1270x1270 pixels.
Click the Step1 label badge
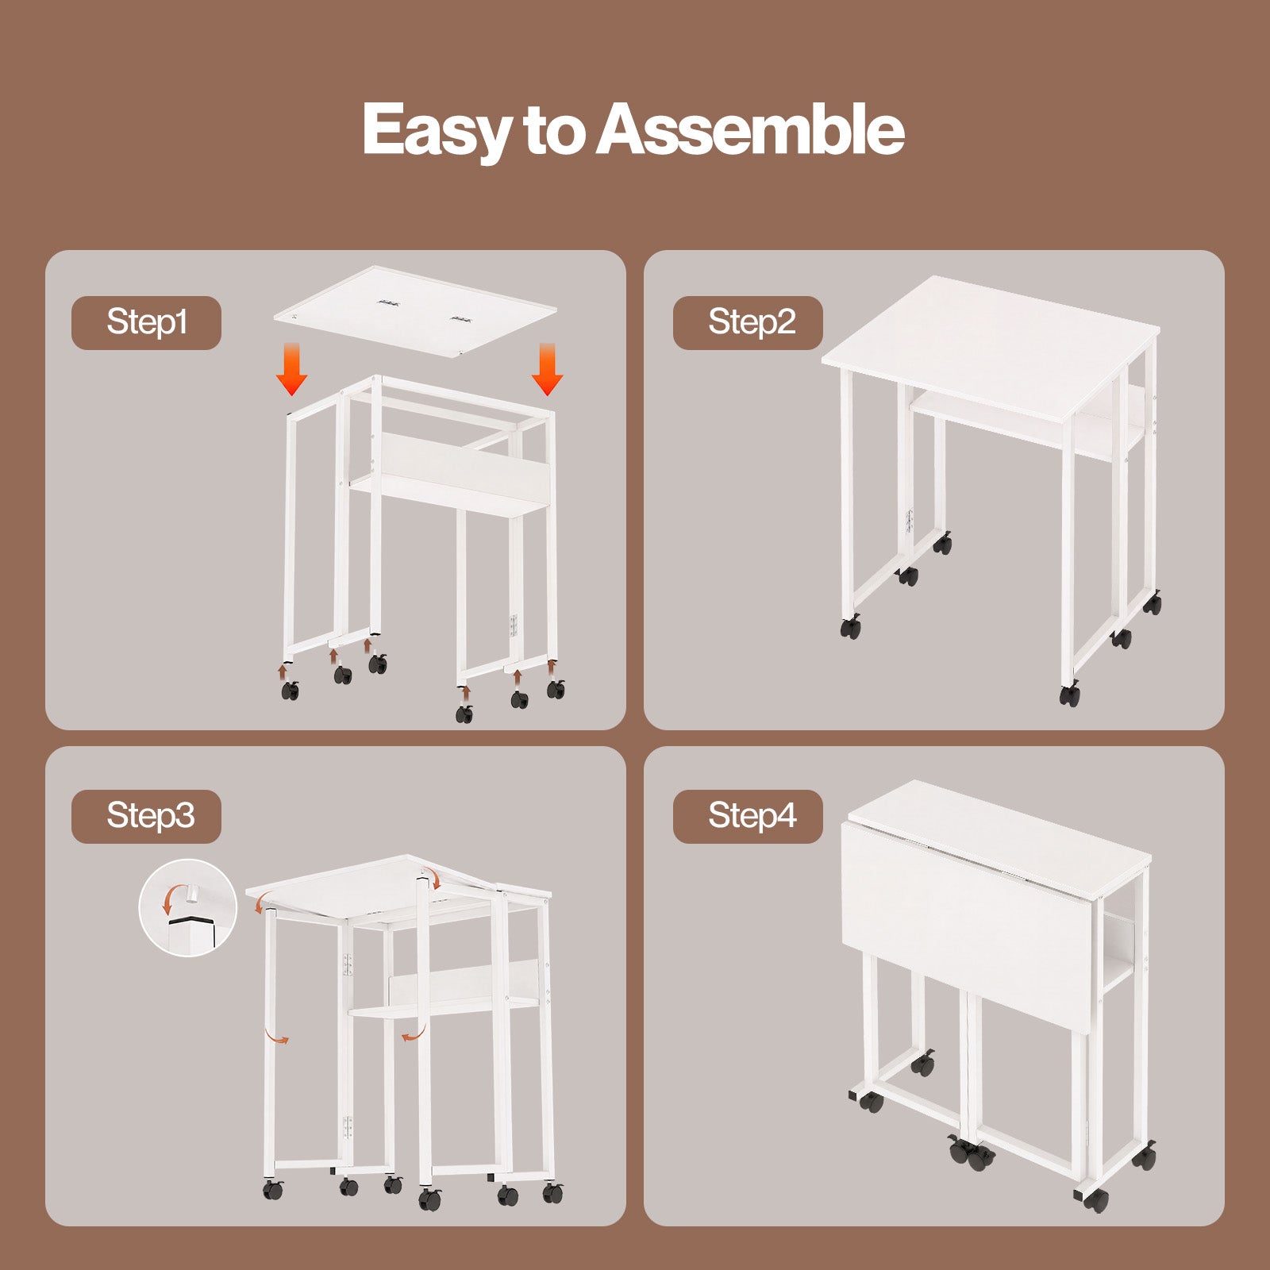146,322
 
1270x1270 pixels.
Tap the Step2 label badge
748,322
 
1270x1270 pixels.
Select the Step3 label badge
146,816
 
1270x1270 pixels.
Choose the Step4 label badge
748,816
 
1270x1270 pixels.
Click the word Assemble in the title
750,129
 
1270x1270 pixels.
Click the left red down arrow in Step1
292,369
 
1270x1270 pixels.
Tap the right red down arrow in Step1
547,369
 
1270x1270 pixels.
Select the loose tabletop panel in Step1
414,310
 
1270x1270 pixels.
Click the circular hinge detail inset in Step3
188,907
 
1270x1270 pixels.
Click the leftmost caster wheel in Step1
291,690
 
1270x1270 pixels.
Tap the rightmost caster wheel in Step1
556,689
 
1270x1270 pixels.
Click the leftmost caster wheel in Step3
273,1189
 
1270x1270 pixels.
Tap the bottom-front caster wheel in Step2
1070,695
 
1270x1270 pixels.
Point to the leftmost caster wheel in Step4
871,1102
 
